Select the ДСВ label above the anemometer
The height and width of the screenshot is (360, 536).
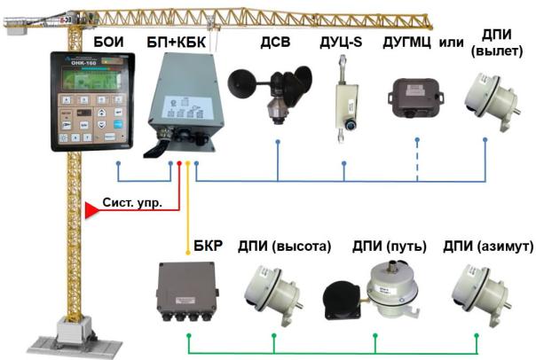(274, 42)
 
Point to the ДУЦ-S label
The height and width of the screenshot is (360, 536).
(342, 42)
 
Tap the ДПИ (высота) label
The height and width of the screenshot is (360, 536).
(284, 246)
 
